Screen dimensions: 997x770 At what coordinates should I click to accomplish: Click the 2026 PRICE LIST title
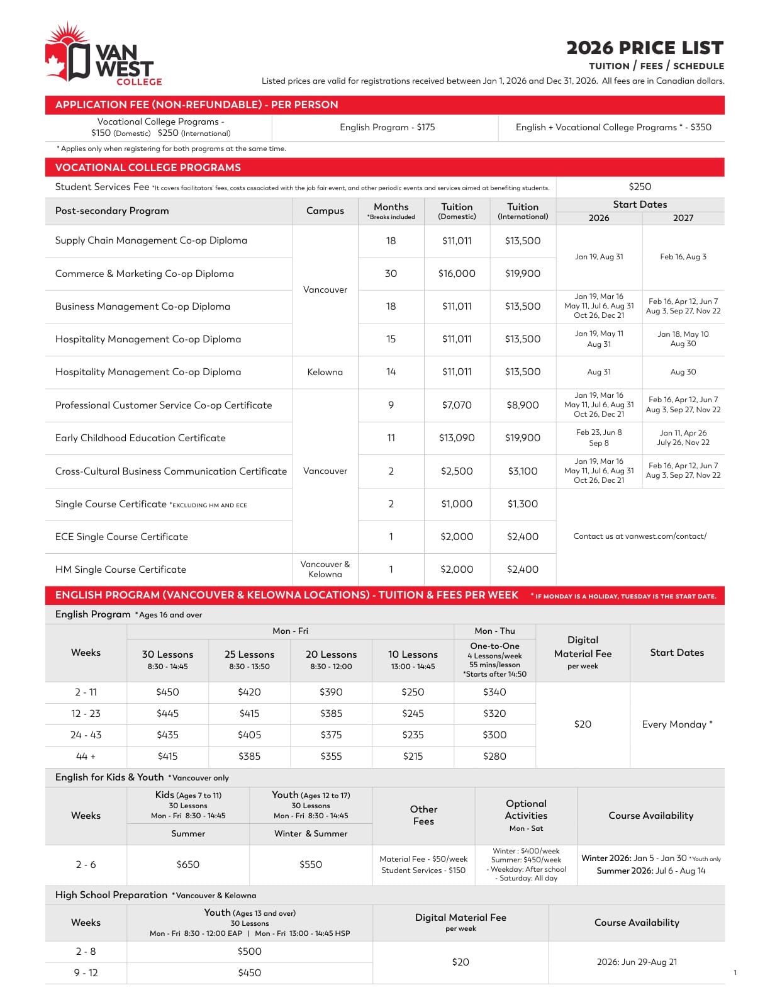[644, 48]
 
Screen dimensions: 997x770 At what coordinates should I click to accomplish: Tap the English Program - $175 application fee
[387, 127]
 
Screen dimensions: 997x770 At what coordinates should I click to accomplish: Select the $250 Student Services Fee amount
[640, 187]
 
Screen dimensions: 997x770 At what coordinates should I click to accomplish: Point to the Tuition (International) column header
[523, 211]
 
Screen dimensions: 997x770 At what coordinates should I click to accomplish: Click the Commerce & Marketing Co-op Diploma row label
[144, 274]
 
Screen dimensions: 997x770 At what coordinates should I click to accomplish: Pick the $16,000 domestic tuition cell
[457, 274]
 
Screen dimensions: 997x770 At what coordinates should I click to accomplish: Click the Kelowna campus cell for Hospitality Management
[325, 372]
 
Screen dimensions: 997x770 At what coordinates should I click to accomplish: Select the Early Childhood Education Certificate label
[140, 438]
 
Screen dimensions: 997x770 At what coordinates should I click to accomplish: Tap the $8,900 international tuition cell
[523, 405]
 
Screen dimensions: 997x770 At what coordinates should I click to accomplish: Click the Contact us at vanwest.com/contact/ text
[640, 536]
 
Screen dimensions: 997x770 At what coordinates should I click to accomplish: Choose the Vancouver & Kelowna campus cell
[325, 569]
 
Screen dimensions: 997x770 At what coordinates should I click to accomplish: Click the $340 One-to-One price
[494, 692]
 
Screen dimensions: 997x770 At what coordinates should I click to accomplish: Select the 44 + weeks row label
[86, 757]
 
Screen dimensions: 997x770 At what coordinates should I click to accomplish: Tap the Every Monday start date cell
[677, 724]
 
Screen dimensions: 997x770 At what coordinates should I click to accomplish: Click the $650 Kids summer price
[187, 865]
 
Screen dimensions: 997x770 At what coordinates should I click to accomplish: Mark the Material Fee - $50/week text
[423, 859]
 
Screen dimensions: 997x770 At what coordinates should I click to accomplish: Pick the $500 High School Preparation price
[249, 952]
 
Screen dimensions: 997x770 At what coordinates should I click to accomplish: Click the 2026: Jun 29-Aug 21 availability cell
[637, 962]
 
